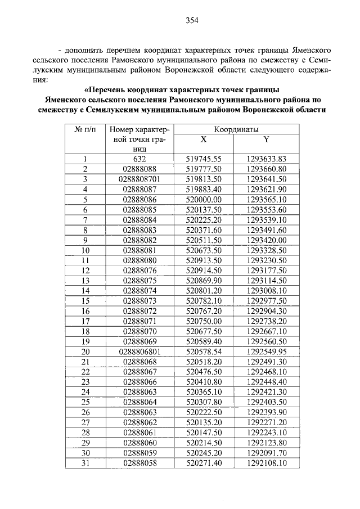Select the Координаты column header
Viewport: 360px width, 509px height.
[237, 129]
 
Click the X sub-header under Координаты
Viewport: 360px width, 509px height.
[204, 139]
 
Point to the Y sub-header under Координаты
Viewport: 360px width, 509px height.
[266, 139]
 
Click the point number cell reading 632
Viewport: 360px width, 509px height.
[140, 159]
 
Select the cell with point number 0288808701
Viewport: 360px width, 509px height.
[140, 179]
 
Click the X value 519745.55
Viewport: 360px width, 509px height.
[204, 159]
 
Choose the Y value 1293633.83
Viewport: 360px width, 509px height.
[267, 159]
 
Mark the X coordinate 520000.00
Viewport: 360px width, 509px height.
[204, 199]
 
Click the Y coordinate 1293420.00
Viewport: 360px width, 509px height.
[267, 240]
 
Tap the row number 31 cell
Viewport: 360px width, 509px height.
[85, 463]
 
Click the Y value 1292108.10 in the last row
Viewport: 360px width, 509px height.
[267, 463]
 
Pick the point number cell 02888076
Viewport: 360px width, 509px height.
[140, 270]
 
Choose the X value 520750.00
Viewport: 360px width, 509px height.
[204, 321]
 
